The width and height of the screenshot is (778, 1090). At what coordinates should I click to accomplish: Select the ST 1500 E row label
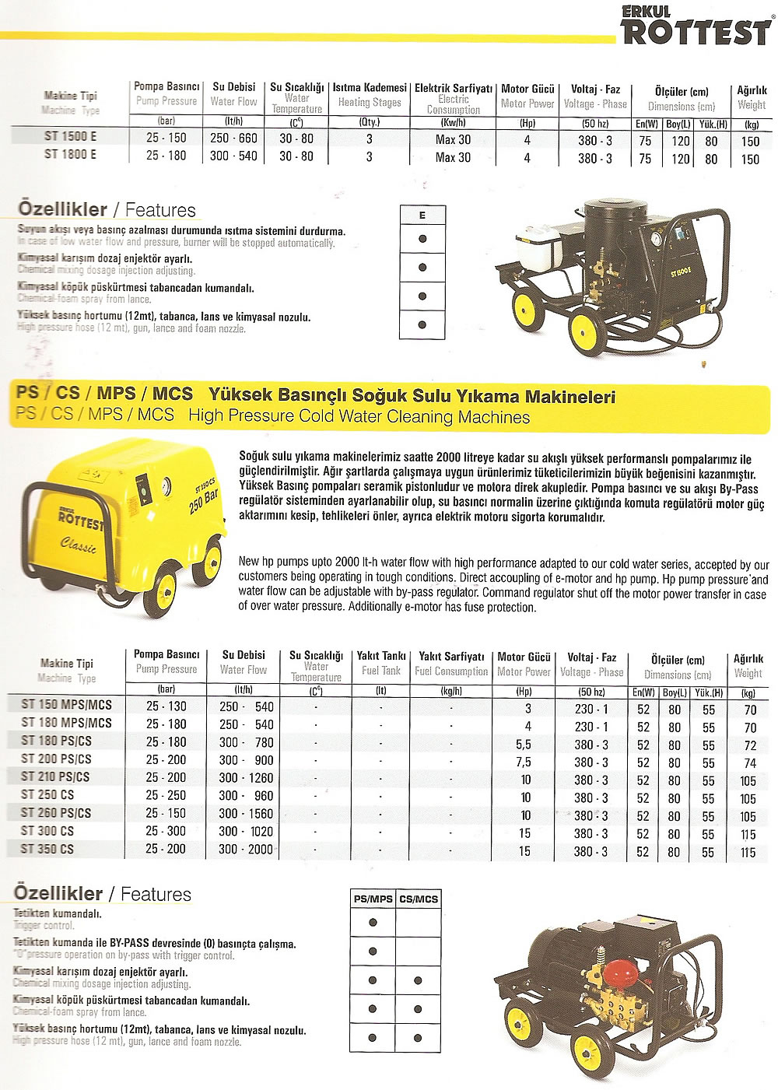(70, 136)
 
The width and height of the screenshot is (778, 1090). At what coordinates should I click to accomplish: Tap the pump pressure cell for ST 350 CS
(166, 849)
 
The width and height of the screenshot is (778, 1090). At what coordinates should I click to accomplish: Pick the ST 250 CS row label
(47, 795)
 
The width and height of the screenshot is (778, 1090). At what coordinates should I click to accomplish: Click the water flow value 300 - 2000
(246, 849)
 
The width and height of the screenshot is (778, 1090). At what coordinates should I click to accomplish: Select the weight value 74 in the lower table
(749, 762)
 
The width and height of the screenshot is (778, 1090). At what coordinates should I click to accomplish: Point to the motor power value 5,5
(524, 745)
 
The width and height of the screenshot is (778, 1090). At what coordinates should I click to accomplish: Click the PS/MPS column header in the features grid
(373, 899)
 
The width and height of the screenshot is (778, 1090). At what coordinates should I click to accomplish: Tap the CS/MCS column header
(419, 899)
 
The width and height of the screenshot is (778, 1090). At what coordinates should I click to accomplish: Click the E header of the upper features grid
(422, 216)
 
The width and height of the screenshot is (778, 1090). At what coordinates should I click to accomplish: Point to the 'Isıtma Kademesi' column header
(370, 88)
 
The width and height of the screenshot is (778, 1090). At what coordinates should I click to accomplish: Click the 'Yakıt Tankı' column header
(381, 656)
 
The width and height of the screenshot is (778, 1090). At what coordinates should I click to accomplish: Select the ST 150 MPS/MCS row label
(67, 705)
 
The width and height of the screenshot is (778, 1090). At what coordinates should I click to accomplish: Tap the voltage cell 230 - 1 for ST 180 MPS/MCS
(591, 727)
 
